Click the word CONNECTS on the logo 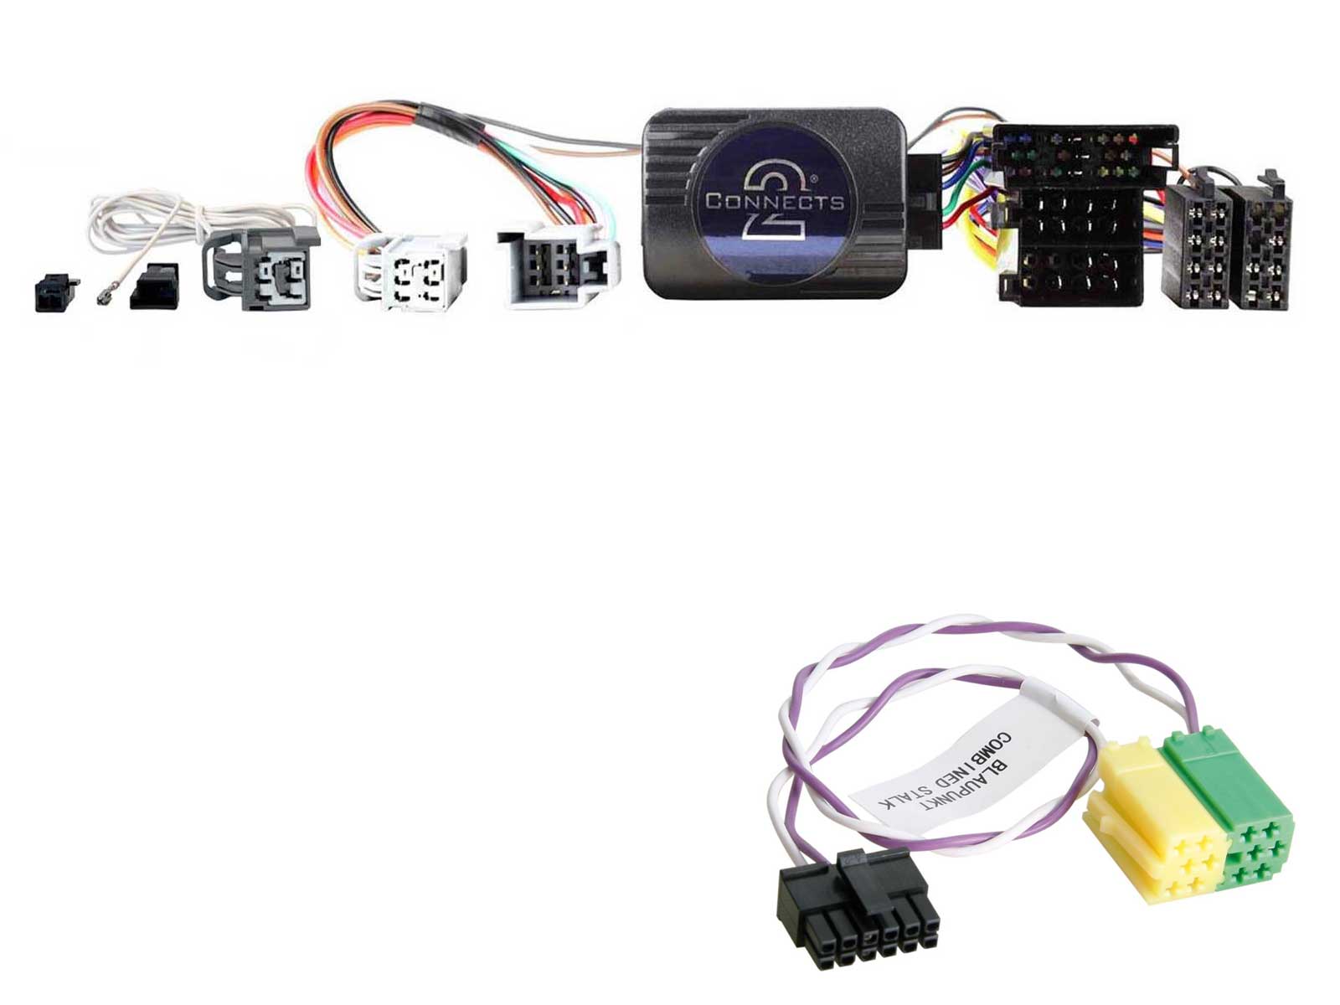(775, 201)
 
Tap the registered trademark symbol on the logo (813, 179)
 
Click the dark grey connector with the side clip (261, 268)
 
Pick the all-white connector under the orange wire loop (410, 272)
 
